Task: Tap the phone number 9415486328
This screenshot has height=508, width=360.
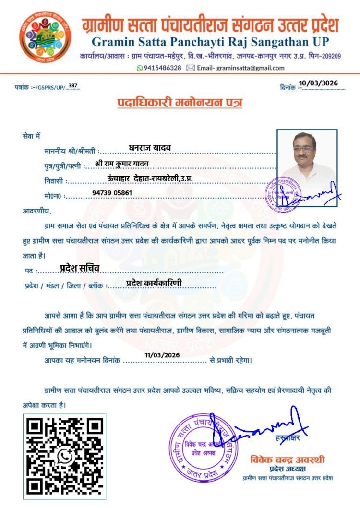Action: tap(163, 68)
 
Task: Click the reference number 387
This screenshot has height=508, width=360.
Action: tap(73, 85)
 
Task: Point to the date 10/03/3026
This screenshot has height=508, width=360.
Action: tap(318, 83)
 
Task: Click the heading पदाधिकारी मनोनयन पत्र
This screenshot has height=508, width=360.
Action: tap(180, 103)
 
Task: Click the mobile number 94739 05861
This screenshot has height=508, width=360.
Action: tap(112, 192)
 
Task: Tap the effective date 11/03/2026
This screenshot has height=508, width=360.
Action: tap(161, 355)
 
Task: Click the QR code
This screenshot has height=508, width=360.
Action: tap(65, 456)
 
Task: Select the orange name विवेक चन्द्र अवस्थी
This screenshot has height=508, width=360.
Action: tap(287, 459)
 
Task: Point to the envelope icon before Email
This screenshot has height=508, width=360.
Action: tap(191, 68)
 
